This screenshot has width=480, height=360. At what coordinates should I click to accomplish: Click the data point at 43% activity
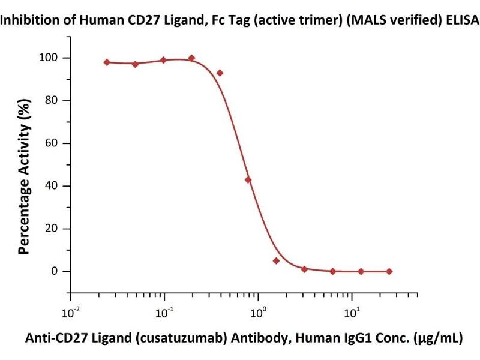(x=248, y=180)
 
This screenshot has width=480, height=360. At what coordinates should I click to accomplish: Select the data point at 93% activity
(x=220, y=73)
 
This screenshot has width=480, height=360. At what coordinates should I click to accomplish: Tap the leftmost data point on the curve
(x=107, y=62)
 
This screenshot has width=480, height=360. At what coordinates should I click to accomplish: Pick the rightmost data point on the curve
(x=389, y=271)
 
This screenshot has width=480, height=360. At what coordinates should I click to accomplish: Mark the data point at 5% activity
(x=276, y=260)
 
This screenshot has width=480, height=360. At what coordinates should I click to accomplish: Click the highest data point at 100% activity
(x=191, y=58)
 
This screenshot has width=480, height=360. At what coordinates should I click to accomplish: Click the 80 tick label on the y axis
(x=53, y=101)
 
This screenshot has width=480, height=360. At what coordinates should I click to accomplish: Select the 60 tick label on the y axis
(x=53, y=143)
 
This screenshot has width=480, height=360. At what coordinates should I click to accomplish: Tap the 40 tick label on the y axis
(x=53, y=186)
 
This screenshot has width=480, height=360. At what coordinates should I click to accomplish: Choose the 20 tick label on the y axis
(x=53, y=229)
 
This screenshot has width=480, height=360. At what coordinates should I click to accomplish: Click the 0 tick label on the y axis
(x=56, y=271)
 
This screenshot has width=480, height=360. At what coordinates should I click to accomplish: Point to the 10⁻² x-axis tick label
(x=71, y=312)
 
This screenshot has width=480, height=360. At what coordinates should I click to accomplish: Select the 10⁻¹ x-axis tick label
(x=165, y=312)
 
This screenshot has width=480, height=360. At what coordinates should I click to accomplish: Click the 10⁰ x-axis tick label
(x=259, y=312)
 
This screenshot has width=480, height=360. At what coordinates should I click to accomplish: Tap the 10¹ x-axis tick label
(x=353, y=312)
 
